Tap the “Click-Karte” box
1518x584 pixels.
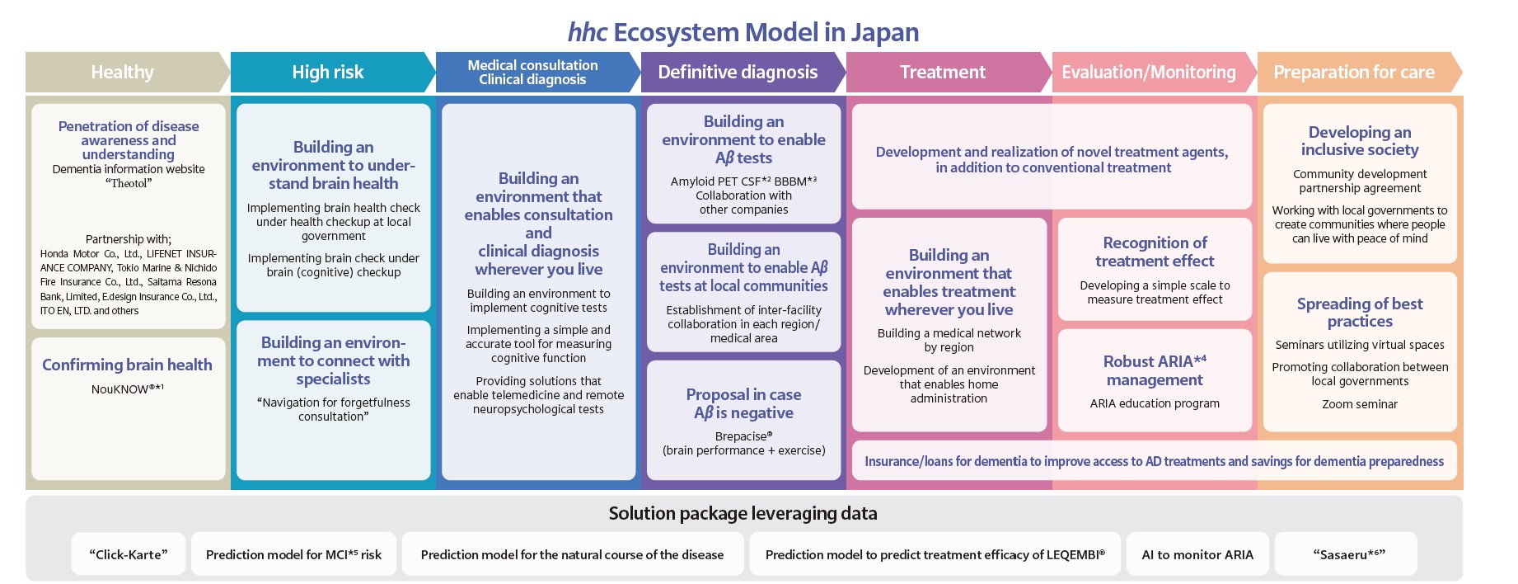tap(129, 554)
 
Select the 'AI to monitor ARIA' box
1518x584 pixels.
tap(1197, 554)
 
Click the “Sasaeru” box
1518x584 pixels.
tap(1346, 554)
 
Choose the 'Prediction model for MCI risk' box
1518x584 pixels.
tap(293, 554)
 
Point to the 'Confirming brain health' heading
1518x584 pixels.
tap(128, 365)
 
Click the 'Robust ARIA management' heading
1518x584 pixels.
tap(1155, 370)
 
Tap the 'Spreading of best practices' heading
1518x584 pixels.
tap(1360, 313)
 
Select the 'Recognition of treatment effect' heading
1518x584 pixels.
tap(1155, 252)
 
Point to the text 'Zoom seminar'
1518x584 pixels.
tap(1360, 404)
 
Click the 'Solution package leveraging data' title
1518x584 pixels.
tap(743, 513)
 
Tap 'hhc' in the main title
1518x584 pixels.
tap(588, 32)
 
